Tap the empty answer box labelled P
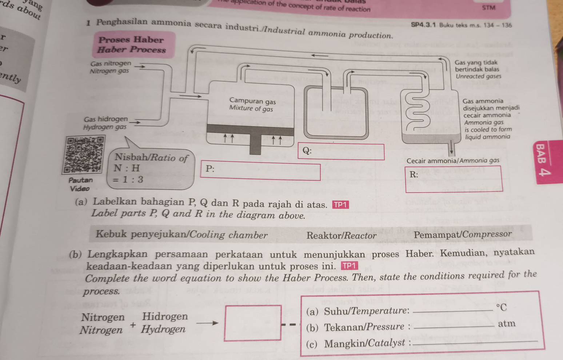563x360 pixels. point(260,172)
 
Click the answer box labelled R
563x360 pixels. point(454,179)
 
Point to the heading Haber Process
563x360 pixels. point(132,50)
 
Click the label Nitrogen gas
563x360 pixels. point(109,71)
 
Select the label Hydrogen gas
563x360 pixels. point(105,127)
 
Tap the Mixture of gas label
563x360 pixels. point(251,108)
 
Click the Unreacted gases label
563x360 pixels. point(478,76)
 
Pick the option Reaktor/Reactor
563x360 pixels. point(342,236)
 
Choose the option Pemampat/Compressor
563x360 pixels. point(463,235)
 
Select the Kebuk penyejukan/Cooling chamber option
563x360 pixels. point(181,235)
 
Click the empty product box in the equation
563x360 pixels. point(253,323)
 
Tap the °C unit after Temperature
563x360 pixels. point(502,308)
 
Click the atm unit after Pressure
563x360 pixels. point(507,323)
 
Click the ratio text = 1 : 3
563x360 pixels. point(127,180)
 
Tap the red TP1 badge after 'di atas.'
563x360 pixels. point(340,205)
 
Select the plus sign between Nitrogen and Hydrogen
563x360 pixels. point(133,325)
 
